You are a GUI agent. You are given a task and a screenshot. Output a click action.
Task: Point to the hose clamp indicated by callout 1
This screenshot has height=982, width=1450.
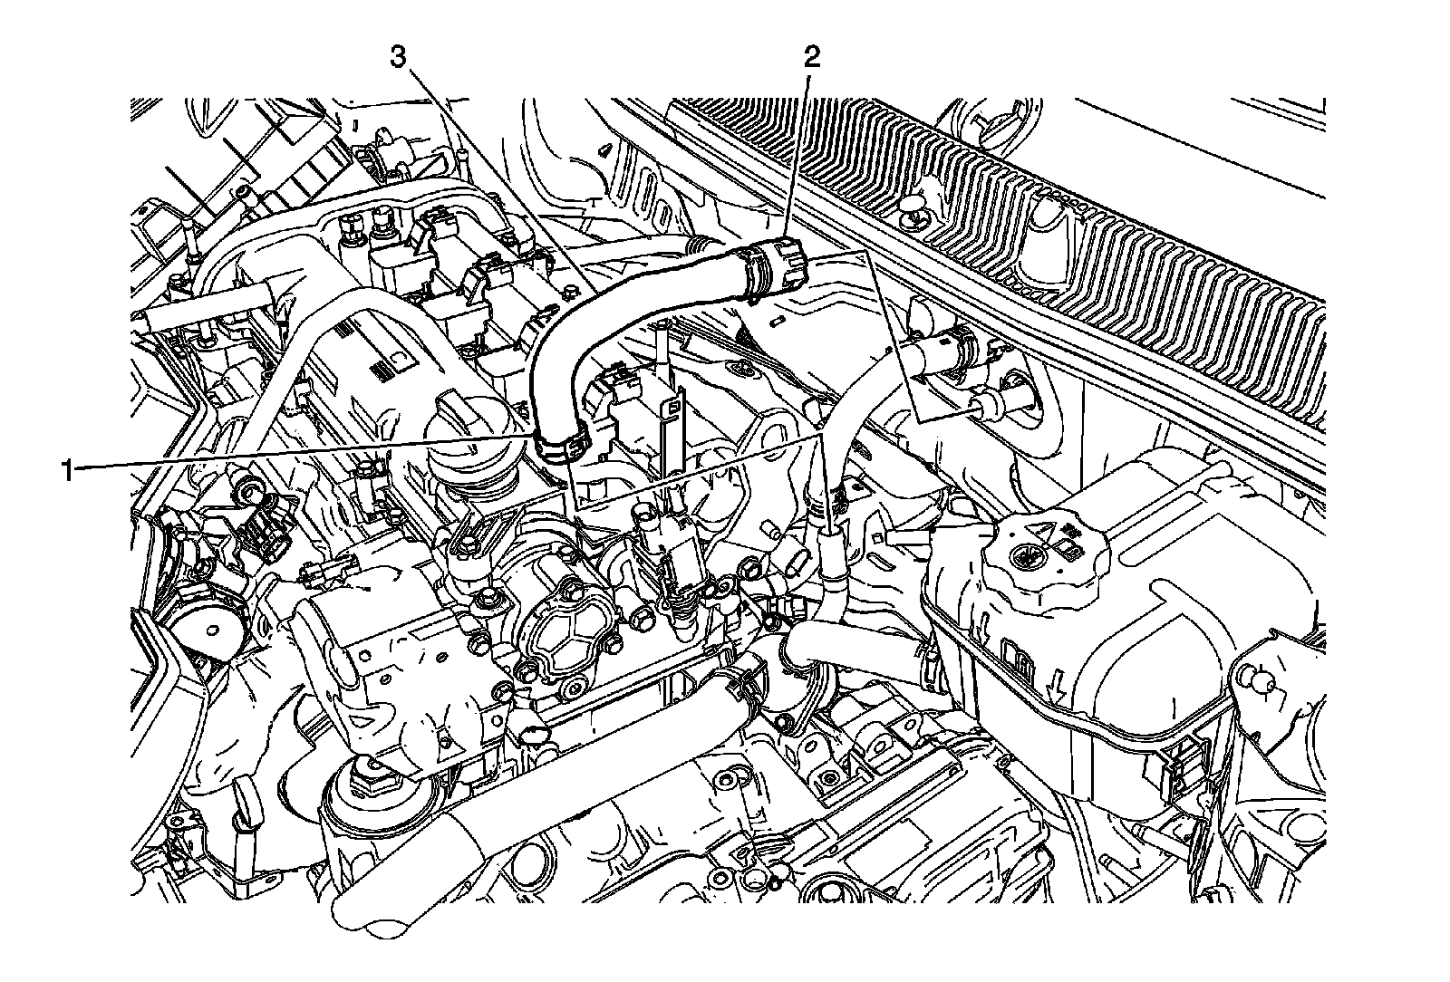tap(559, 444)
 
